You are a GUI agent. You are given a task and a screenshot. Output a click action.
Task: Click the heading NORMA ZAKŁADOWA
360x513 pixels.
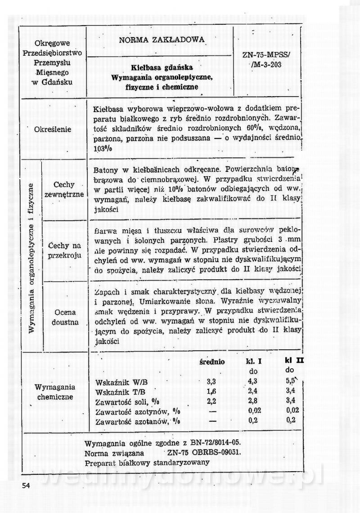[x=162, y=40]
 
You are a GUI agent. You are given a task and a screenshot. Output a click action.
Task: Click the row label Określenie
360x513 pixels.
[x=53, y=129]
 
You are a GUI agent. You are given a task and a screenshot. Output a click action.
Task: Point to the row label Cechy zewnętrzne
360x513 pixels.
[x=64, y=189]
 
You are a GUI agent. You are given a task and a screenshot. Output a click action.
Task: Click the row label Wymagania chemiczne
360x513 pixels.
[x=55, y=392]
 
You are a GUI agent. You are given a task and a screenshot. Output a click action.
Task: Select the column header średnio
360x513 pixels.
[x=212, y=362]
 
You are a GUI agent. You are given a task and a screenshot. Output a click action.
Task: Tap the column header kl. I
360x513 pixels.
[x=254, y=362]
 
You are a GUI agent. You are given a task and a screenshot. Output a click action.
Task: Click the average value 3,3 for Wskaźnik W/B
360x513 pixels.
[x=212, y=382]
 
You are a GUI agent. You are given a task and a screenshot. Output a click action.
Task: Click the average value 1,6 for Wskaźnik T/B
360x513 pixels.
[x=212, y=392]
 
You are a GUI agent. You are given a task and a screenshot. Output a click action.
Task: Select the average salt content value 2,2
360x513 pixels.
[x=212, y=401]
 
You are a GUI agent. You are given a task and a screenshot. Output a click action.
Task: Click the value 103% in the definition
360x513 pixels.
[x=103, y=149]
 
